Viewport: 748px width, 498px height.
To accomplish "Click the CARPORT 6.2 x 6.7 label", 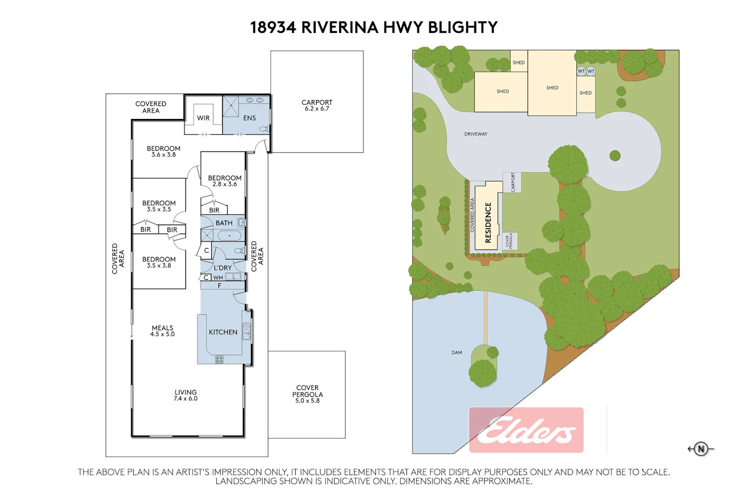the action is pos(317,105).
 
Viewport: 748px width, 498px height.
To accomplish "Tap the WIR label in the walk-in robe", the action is pos(203,118).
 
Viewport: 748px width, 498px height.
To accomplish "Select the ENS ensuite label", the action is pos(249,118).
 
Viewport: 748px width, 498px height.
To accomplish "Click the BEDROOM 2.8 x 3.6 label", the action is pos(224,181).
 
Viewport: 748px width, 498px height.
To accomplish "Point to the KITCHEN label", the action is pos(223,332).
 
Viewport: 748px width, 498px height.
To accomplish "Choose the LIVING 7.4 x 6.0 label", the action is pos(186,395).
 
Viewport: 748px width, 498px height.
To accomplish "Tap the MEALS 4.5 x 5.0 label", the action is pos(162,331).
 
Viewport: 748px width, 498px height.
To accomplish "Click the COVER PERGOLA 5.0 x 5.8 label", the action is pos(308,394).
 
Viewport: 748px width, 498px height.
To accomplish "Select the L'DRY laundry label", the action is pos(223,268).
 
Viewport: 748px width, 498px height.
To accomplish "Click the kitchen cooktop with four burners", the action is pos(219,360).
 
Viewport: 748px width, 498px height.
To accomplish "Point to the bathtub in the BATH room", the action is pos(229,236).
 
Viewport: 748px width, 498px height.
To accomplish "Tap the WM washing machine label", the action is pos(218,277).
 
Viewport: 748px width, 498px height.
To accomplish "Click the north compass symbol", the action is pos(701,449).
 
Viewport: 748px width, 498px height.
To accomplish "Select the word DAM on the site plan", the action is pos(457,353).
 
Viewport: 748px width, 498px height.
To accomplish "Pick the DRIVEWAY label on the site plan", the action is pos(476,134).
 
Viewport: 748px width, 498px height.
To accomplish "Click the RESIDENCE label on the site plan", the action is pos(488,223).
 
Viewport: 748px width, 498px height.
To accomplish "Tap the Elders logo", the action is pos(526,430).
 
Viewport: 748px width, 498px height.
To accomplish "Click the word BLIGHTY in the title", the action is pos(463,27).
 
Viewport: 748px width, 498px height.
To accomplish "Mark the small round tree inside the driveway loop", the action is pos(615,155).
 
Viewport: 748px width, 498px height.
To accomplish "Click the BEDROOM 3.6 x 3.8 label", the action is pos(164,151).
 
